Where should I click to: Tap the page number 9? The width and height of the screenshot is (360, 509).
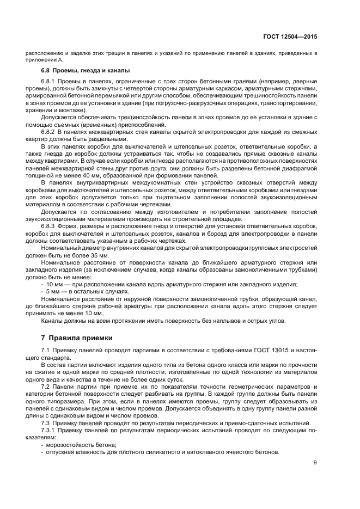click(315, 463)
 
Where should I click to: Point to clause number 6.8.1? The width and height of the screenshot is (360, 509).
click(51, 82)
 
